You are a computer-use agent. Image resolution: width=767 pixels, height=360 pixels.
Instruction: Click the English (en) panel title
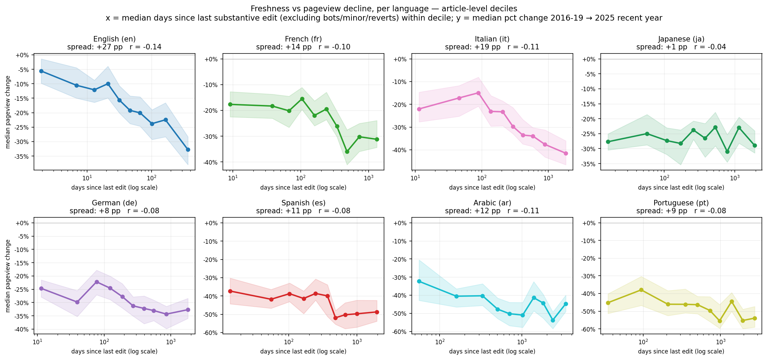114,39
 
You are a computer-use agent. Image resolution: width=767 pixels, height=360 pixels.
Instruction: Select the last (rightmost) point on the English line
188,149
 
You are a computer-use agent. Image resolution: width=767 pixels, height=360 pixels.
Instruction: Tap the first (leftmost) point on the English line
41,71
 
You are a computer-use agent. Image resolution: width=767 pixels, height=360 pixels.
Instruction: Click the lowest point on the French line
347,152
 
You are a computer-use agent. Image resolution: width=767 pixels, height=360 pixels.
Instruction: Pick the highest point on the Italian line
478,93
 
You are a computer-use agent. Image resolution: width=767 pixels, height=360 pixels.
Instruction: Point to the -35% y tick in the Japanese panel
589,164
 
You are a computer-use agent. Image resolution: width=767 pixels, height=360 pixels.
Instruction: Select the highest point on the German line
97,282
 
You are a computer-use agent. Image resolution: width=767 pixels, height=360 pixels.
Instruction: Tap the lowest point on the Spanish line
335,318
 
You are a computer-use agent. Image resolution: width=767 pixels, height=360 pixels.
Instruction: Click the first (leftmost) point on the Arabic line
419,281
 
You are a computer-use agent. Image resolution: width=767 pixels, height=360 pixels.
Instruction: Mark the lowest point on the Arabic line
553,320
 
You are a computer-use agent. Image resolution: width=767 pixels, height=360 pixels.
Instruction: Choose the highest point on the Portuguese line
641,290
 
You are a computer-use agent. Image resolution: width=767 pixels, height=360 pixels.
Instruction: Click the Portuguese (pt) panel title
681,203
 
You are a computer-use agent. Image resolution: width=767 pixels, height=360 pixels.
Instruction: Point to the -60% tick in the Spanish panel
211,333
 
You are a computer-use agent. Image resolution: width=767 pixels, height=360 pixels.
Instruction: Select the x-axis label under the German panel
114,351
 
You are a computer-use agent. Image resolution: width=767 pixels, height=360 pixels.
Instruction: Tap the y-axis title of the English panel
8,112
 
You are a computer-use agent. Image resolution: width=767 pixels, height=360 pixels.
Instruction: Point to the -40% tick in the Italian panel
399,150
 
